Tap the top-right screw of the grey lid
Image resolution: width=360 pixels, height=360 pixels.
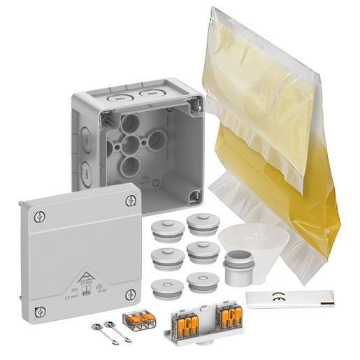(x=129, y=201)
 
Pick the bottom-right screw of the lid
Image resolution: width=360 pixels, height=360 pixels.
(x=129, y=294)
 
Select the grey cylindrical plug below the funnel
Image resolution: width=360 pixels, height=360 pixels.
(x=238, y=268)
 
